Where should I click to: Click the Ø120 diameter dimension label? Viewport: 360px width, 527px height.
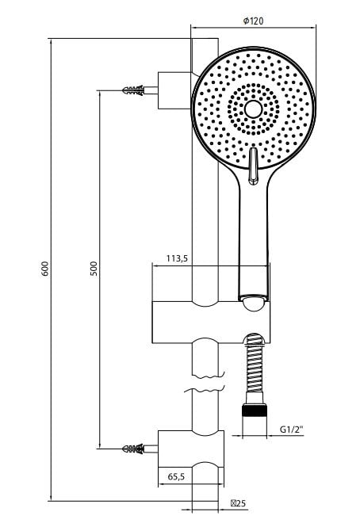(x=253, y=21)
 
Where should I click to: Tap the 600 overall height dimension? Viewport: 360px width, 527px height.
(x=45, y=269)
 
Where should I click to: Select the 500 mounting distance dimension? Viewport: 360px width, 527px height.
(x=94, y=269)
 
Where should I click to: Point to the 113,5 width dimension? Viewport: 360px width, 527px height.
(x=177, y=258)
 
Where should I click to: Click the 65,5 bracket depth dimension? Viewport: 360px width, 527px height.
(x=176, y=476)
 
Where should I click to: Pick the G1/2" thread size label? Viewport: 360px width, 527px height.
(x=292, y=430)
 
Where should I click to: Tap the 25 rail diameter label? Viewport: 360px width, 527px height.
(x=238, y=503)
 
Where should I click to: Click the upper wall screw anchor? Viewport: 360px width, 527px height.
(x=134, y=90)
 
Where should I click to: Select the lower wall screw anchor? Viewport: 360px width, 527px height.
(x=134, y=449)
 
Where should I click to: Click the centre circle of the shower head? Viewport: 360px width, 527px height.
(x=253, y=109)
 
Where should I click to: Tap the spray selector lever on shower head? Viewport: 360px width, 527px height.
(x=253, y=166)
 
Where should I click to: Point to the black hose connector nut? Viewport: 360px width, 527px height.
(x=255, y=411)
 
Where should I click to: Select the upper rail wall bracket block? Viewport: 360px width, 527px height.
(x=175, y=90)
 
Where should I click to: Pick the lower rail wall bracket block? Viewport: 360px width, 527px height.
(x=191, y=449)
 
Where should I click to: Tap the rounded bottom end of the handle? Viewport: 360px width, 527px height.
(x=254, y=304)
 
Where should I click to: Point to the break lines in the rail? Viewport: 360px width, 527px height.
(x=205, y=383)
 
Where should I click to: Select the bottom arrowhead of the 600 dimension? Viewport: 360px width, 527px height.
(x=51, y=497)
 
